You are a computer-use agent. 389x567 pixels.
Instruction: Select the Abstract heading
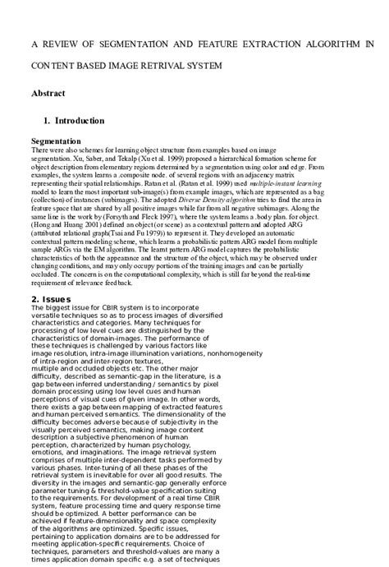point(48,94)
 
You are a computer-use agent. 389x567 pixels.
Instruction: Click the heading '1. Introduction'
point(74,121)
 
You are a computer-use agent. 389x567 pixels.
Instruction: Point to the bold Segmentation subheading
point(56,141)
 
